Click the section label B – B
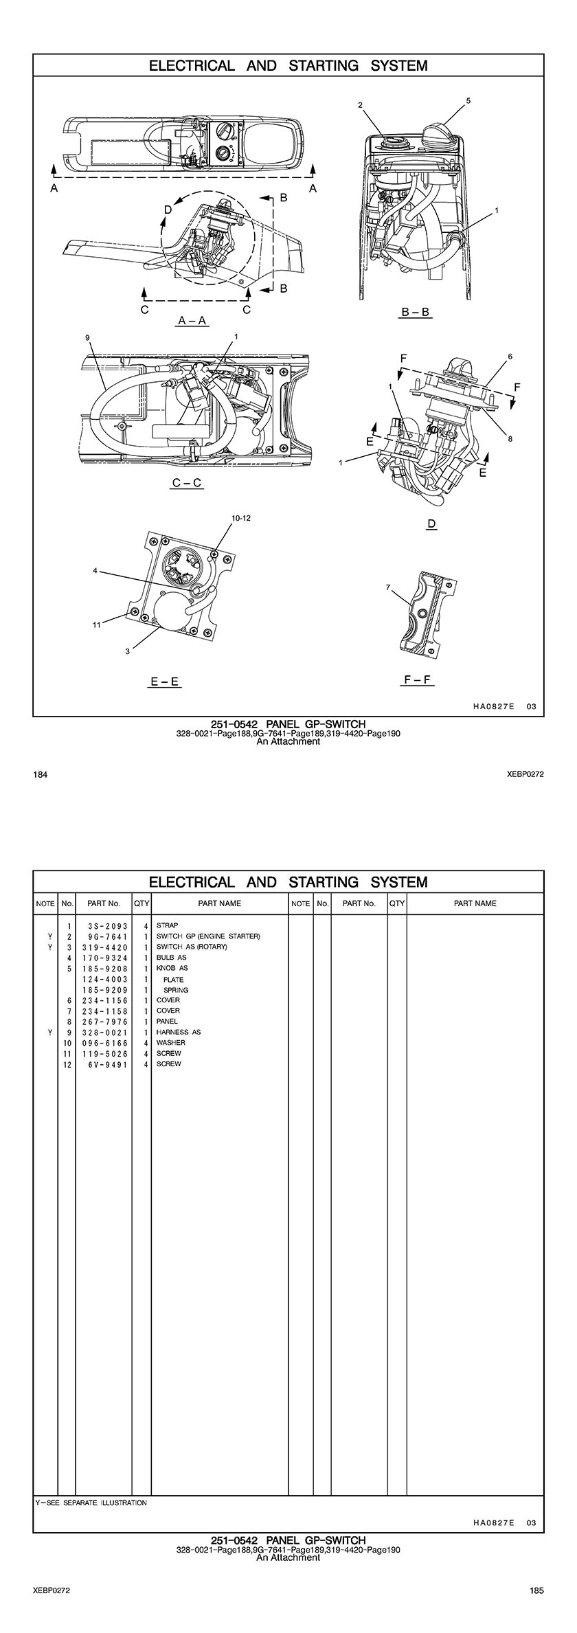click(416, 313)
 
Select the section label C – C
click(187, 483)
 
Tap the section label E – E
click(165, 682)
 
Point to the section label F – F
click(418, 680)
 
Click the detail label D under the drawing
click(431, 524)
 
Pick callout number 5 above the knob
click(468, 101)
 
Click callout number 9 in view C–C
click(88, 337)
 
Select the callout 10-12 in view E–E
click(241, 519)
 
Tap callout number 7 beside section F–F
click(388, 587)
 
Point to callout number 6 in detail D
click(510, 357)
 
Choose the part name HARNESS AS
click(179, 1032)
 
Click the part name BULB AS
click(172, 958)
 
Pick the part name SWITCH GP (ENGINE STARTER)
click(208, 936)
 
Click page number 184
click(40, 775)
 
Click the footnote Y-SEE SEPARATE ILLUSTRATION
click(91, 1502)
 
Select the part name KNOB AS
click(172, 968)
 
